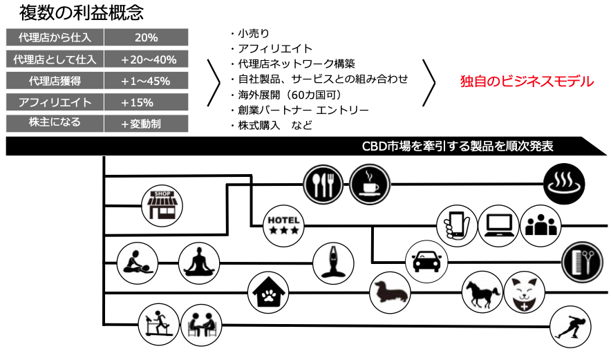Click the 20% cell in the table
(146, 37)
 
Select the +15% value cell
(146, 102)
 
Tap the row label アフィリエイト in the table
(55, 102)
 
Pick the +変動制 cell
(146, 124)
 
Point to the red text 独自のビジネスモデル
(527, 82)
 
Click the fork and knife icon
(323, 183)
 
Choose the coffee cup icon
(369, 184)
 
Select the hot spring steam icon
(565, 184)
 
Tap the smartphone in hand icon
(456, 224)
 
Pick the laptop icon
(498, 224)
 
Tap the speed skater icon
(571, 325)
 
